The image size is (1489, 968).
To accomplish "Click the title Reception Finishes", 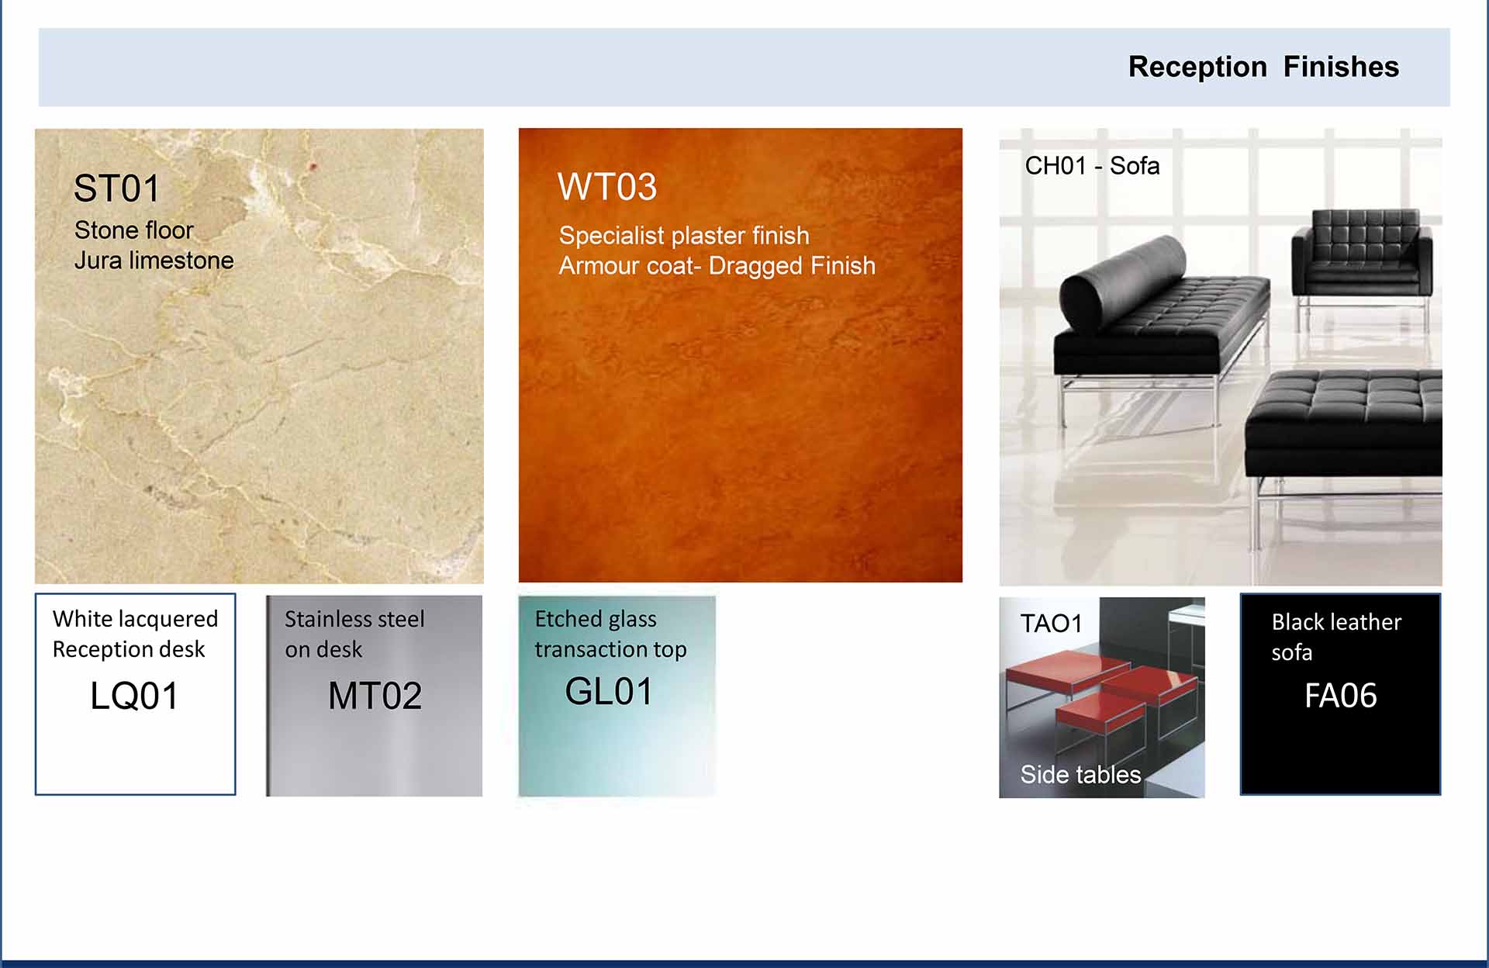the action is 1263,67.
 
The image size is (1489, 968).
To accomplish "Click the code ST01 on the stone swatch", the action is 116,188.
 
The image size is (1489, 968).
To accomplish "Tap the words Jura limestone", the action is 154,261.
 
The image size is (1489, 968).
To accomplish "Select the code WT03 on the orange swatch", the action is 607,187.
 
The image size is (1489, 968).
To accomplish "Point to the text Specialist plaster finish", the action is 684,235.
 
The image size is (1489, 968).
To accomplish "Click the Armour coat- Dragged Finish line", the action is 717,266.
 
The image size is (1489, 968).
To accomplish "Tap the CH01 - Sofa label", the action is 1092,165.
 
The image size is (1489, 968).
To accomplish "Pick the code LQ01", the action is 134,696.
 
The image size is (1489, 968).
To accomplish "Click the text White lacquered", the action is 135,619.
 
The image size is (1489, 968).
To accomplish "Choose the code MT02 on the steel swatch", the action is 375,696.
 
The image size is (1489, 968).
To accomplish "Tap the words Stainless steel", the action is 354,619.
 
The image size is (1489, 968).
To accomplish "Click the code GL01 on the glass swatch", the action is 609,691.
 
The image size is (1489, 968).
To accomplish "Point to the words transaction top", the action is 610,649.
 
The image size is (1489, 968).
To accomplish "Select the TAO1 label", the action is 1051,624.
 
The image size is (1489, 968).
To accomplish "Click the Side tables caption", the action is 1080,774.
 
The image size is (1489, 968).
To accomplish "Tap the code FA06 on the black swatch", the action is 1340,696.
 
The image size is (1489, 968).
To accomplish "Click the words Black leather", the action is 1336,622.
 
